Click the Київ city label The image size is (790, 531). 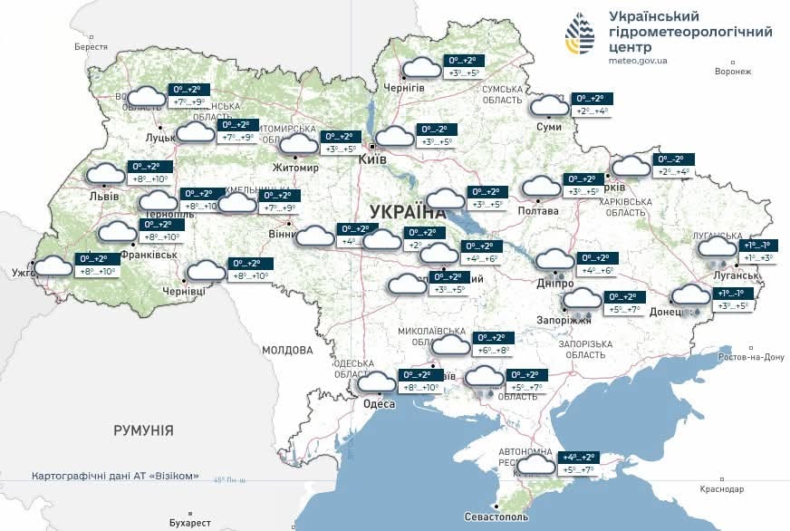373,159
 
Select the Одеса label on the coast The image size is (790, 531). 379,404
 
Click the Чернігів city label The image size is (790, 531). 403,87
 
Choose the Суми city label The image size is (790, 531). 549,127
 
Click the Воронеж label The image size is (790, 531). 733,72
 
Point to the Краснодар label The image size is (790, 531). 722,489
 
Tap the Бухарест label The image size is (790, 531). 189,523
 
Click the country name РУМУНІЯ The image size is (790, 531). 143,430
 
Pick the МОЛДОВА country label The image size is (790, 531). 287,350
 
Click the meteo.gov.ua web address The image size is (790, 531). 638,60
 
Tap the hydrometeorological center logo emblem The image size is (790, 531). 581,35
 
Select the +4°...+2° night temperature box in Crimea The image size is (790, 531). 579,458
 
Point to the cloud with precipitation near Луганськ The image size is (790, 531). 718,249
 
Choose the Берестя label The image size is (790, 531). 92,46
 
